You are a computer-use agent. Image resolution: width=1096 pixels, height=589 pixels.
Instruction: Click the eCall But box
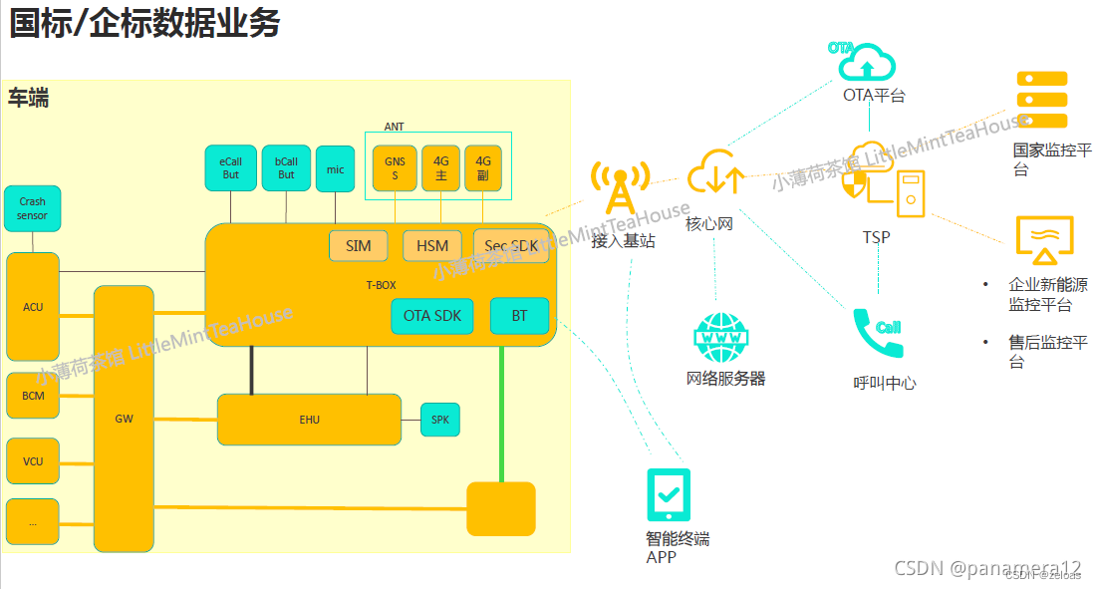tap(230, 168)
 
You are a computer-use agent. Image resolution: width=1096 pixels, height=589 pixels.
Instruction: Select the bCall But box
tap(286, 168)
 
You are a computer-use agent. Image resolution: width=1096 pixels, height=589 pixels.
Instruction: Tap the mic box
tap(336, 168)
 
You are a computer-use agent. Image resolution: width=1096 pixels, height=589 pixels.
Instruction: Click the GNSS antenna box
tap(395, 168)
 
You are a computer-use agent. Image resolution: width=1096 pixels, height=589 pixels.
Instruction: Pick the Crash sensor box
tap(32, 208)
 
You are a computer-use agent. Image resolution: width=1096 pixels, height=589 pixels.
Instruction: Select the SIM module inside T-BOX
tap(358, 246)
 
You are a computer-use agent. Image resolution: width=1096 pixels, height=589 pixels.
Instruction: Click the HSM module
tap(432, 246)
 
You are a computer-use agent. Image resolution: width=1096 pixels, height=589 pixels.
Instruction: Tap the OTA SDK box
tap(431, 316)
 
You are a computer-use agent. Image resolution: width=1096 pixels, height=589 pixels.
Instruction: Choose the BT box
tap(519, 316)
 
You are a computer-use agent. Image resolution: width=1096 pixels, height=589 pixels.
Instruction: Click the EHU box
tap(309, 420)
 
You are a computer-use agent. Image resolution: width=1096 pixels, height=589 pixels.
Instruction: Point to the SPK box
tap(440, 420)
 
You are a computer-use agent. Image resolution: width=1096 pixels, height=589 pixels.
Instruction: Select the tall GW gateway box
tap(124, 419)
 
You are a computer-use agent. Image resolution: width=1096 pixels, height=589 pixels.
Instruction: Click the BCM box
tap(33, 396)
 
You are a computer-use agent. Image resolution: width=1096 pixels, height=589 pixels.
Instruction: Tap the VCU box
tap(33, 461)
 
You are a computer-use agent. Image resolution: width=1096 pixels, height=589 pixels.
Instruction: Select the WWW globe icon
tap(719, 337)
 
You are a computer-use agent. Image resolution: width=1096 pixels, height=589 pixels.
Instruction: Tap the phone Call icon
tap(879, 333)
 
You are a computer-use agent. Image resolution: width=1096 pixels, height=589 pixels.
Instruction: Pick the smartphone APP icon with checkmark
tap(669, 494)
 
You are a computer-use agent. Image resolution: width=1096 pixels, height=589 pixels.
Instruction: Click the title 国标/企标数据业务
tap(144, 23)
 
